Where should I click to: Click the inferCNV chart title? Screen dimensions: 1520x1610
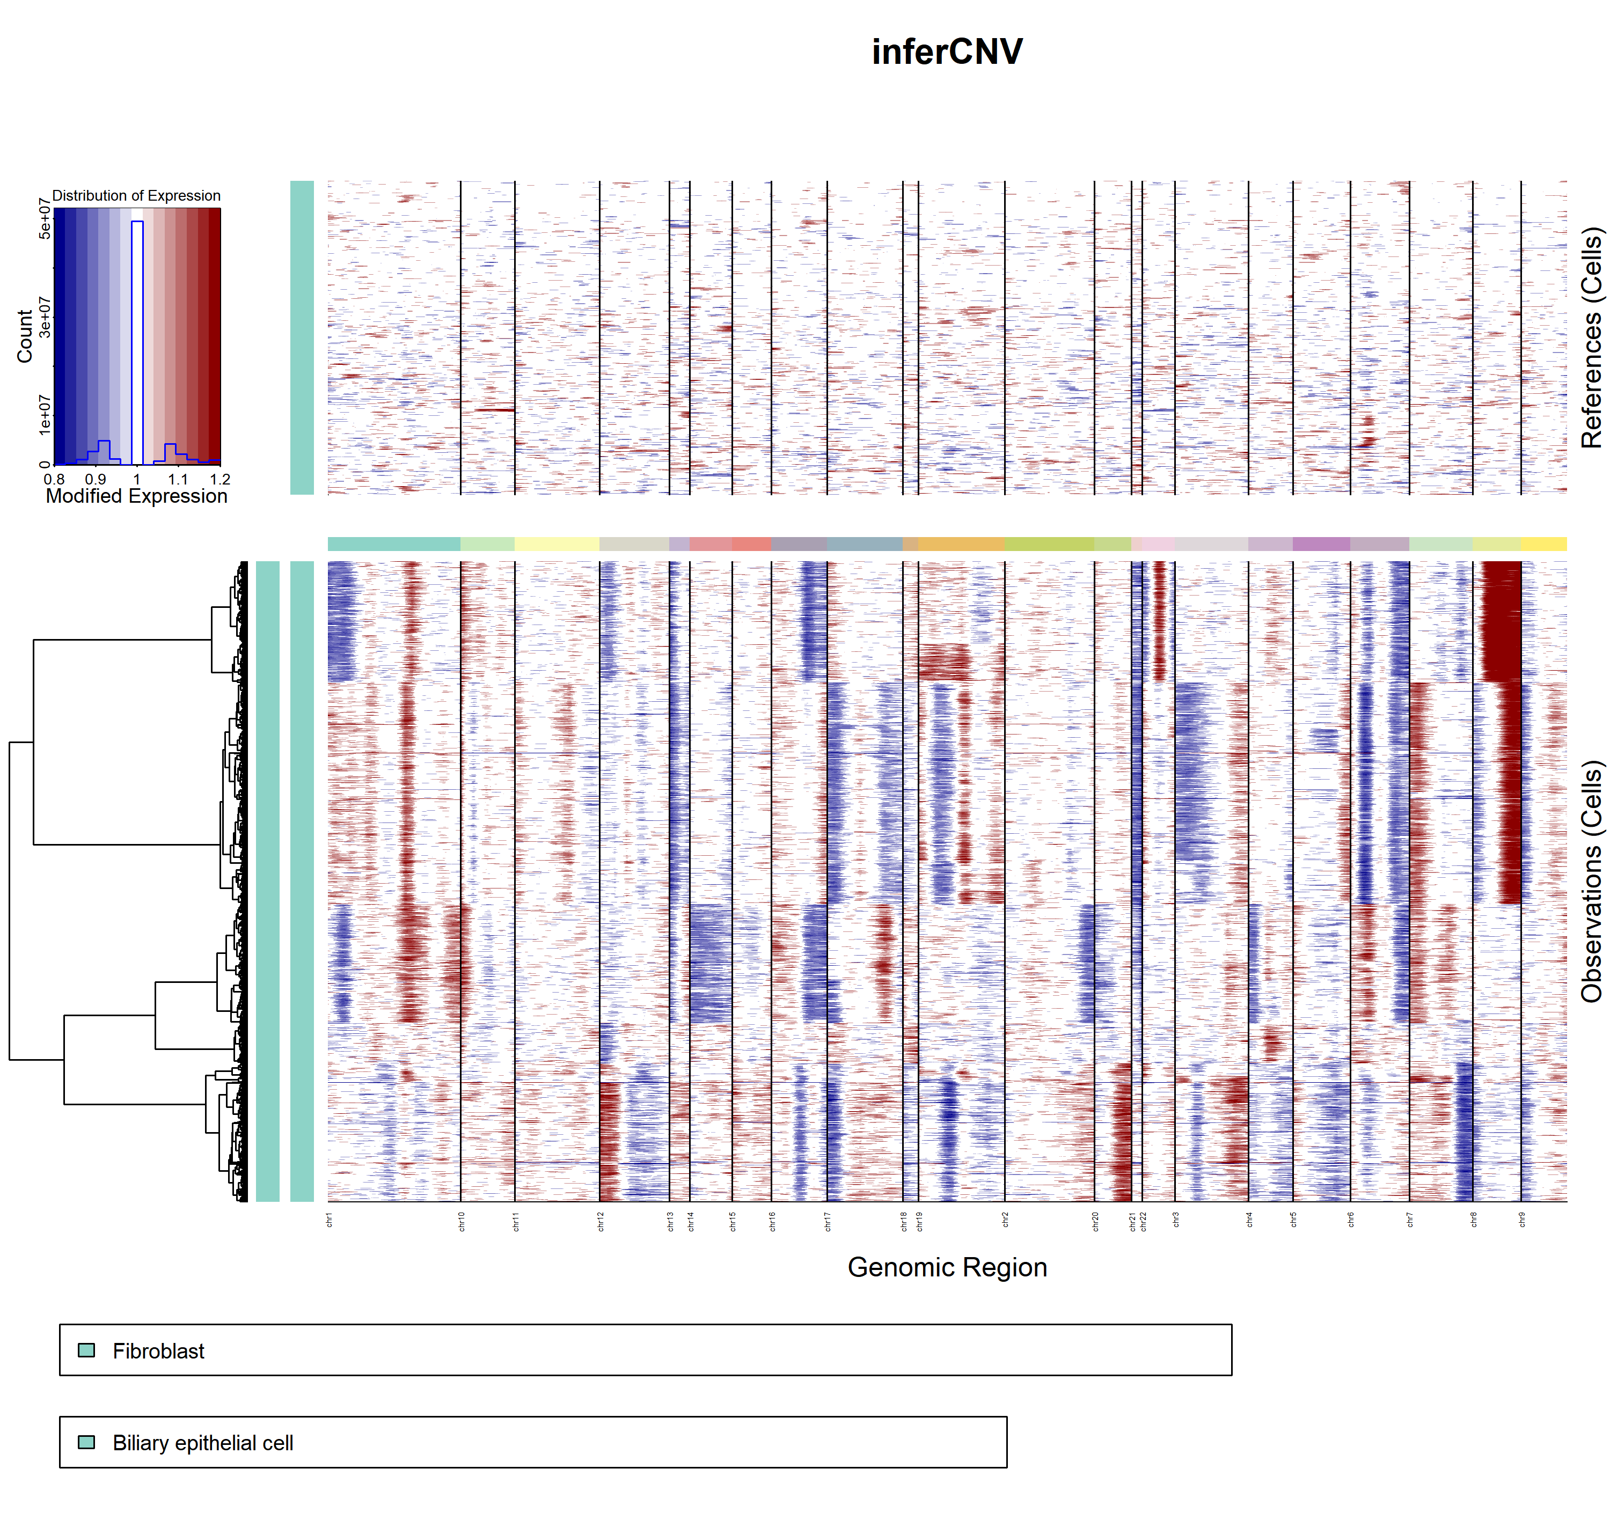click(x=946, y=52)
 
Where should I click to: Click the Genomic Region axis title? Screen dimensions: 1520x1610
click(x=946, y=1266)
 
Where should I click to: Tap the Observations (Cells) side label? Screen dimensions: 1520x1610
click(x=1591, y=881)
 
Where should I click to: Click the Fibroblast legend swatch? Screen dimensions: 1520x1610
click(x=86, y=1350)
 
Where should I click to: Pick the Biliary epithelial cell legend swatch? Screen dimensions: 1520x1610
click(x=86, y=1442)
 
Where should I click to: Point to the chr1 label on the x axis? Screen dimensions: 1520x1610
click(x=330, y=1220)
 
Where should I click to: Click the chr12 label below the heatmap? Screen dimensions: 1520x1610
click(x=601, y=1222)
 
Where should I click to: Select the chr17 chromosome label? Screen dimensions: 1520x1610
click(x=828, y=1222)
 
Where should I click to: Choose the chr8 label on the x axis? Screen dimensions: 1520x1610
click(x=1474, y=1220)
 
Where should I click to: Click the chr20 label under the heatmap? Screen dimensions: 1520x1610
click(x=1095, y=1222)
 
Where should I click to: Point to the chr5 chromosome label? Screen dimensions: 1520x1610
click(x=1294, y=1220)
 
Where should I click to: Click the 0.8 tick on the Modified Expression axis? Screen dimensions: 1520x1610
click(x=54, y=479)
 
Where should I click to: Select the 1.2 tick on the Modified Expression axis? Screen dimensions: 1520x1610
click(x=219, y=479)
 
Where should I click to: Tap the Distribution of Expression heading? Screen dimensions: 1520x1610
click(x=136, y=195)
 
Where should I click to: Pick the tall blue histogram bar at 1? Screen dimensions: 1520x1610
click(x=137, y=340)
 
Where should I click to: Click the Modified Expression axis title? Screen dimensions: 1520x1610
click(x=136, y=496)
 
